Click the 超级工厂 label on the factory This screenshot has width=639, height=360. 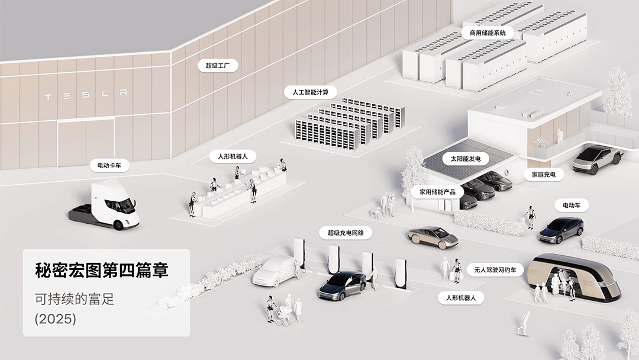[218, 65]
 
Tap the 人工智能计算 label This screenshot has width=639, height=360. [310, 92]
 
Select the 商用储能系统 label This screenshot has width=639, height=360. [488, 33]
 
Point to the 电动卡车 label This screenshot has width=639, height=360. [109, 165]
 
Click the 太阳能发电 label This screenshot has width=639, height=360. [466, 159]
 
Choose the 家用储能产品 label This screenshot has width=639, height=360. [437, 192]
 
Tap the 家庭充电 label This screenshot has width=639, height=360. [544, 175]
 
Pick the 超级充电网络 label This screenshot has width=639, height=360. [346, 233]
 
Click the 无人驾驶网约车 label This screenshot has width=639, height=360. [495, 270]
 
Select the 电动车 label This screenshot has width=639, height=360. [572, 205]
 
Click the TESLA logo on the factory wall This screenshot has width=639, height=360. [86, 95]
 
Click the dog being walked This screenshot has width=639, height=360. [375, 212]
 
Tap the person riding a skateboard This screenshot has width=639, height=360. [523, 323]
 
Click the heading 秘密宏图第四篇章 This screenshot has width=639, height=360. [102, 271]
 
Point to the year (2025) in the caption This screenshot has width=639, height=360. [56, 319]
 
